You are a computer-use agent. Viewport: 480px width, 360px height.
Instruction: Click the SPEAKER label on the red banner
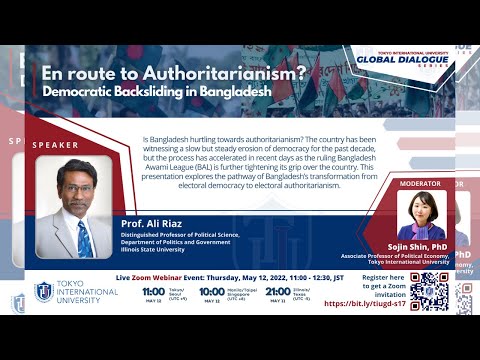(x=55, y=145)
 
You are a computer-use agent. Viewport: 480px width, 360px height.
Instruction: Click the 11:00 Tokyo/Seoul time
(x=152, y=291)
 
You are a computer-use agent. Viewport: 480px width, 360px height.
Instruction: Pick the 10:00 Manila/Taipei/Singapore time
(x=211, y=291)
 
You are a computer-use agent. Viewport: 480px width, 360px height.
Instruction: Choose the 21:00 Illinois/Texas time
(x=277, y=291)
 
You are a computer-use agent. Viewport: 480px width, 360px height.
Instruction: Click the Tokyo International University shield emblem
(x=43, y=292)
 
